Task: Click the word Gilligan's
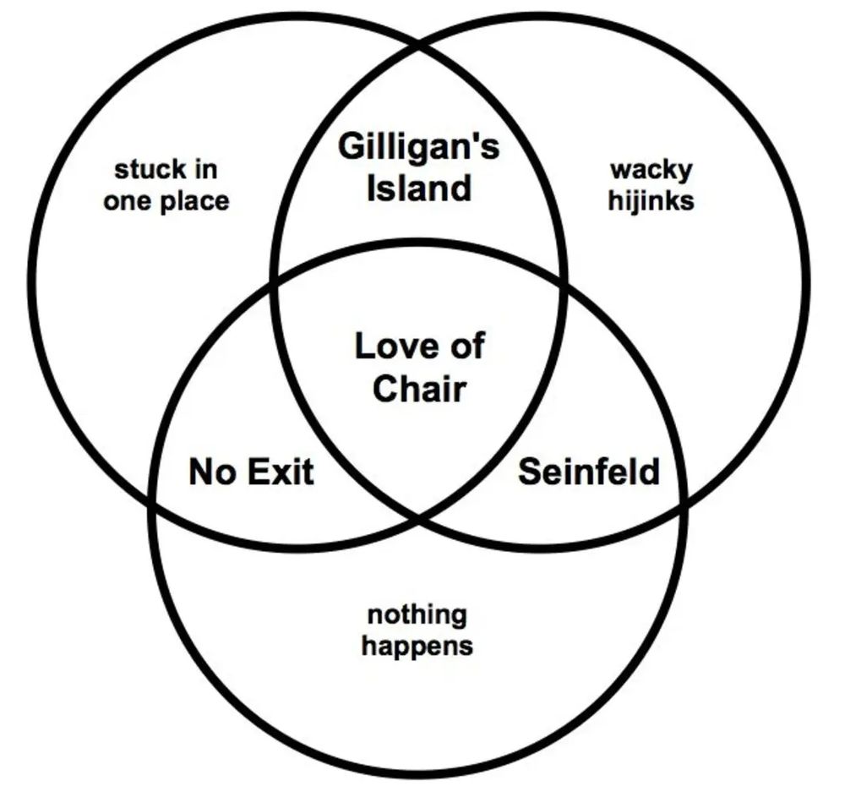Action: [x=418, y=148]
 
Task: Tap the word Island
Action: [x=418, y=187]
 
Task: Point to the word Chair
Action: [x=419, y=389]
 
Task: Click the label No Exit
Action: [x=251, y=472]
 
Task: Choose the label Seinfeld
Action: [x=588, y=472]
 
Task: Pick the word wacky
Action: [x=651, y=169]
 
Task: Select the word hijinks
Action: [x=651, y=202]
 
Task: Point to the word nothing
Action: [x=417, y=614]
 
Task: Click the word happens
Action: [x=417, y=647]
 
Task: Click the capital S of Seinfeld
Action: [x=528, y=472]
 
